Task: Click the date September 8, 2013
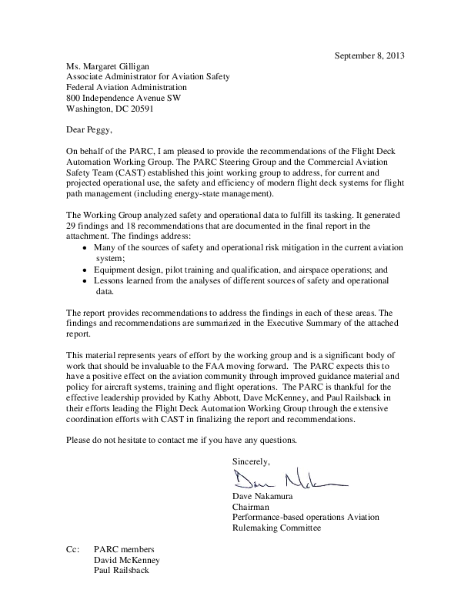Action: tap(369, 55)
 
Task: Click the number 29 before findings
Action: tap(72, 227)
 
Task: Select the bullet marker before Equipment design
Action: tap(85, 271)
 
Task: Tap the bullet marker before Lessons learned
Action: tap(85, 282)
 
